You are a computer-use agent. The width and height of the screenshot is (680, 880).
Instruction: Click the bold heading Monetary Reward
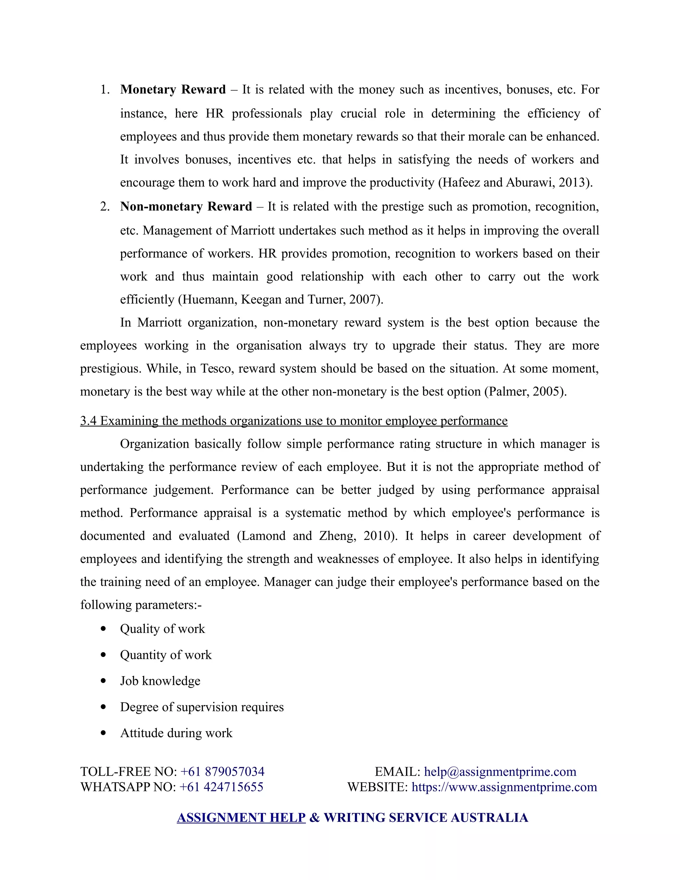click(x=173, y=89)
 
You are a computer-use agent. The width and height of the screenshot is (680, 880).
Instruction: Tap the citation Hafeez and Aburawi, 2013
click(x=515, y=183)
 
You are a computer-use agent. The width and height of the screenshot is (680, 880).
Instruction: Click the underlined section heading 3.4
click(x=294, y=421)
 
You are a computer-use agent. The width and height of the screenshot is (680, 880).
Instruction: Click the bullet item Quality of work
click(x=162, y=629)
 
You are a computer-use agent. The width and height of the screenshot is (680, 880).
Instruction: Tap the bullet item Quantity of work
click(x=166, y=655)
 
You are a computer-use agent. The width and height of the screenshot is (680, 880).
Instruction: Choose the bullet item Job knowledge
click(x=160, y=681)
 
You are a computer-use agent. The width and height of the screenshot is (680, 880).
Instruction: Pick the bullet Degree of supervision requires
click(x=202, y=707)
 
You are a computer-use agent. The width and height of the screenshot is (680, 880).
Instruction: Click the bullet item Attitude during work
click(x=176, y=733)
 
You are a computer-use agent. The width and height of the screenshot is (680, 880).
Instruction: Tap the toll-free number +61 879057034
click(x=222, y=772)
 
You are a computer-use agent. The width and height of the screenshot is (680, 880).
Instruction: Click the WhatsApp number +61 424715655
click(x=221, y=787)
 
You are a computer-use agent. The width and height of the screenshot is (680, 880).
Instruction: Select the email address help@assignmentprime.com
click(x=500, y=772)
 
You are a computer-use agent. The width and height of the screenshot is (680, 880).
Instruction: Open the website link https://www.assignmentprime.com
click(x=504, y=787)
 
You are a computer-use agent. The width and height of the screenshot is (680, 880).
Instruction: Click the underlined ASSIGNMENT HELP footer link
click(x=241, y=818)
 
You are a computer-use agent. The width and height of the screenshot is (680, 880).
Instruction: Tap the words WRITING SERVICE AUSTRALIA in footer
click(x=425, y=818)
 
